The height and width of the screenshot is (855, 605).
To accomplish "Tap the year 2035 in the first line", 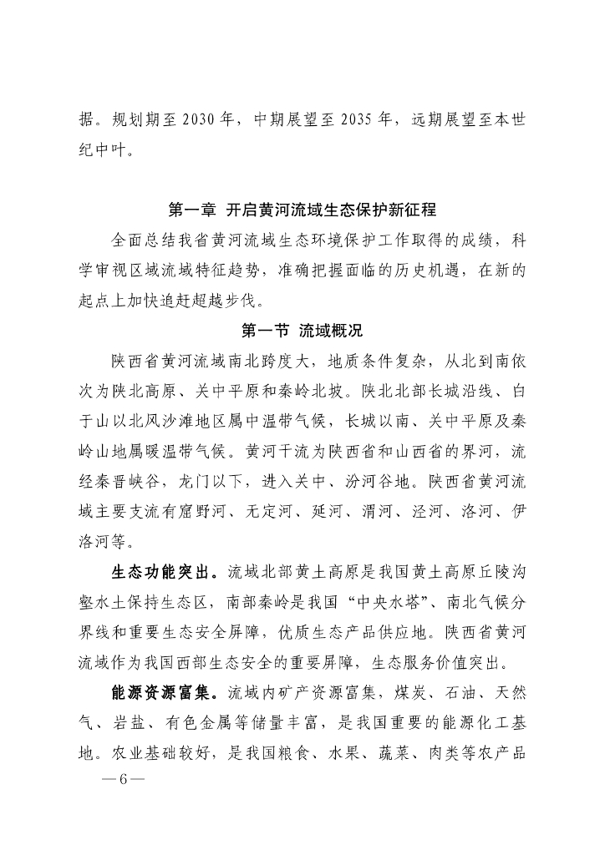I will point(364,120).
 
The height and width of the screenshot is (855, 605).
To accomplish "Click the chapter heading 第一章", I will point(190,209).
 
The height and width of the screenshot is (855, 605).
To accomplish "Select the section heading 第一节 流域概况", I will point(302,330).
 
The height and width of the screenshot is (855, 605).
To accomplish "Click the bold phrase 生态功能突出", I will point(162,573).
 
